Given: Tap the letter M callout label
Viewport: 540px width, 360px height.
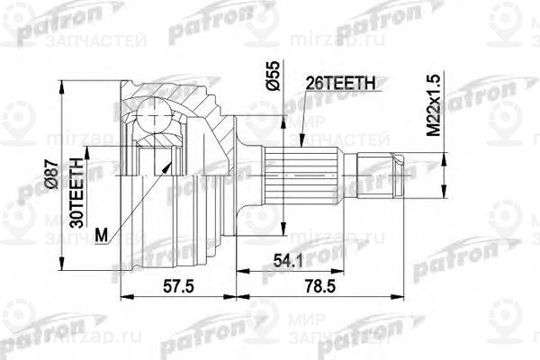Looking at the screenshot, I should (x=102, y=237).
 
